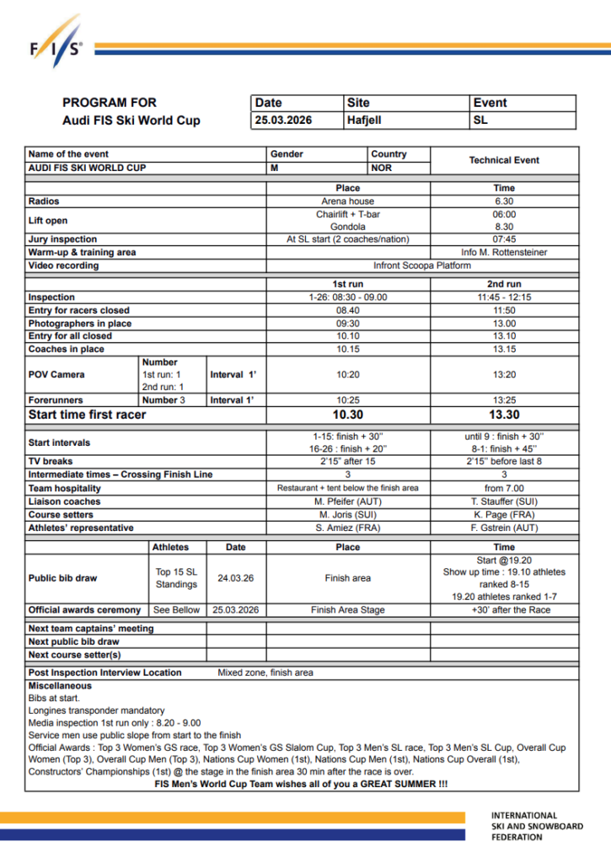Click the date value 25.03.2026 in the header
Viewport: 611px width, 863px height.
tap(283, 121)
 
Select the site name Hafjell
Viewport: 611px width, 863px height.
tap(364, 121)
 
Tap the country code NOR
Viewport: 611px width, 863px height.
tap(381, 168)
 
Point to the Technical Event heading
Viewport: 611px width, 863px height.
tap(504, 160)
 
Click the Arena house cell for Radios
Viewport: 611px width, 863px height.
tap(347, 201)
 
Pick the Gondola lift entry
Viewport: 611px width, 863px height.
tap(347, 227)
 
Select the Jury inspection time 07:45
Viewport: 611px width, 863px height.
tap(504, 239)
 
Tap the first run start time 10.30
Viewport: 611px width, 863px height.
tap(347, 415)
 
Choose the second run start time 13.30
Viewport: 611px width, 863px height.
tap(504, 415)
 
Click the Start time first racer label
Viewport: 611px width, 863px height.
tap(87, 415)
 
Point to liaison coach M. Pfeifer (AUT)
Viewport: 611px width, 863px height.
tap(347, 501)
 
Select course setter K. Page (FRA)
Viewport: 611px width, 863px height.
tap(504, 514)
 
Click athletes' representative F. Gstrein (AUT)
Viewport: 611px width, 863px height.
tap(504, 528)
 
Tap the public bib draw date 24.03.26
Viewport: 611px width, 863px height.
tap(236, 579)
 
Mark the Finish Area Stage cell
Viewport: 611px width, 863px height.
tap(347, 609)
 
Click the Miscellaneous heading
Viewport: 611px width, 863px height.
tap(60, 686)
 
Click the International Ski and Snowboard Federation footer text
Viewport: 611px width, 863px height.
tap(537, 827)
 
